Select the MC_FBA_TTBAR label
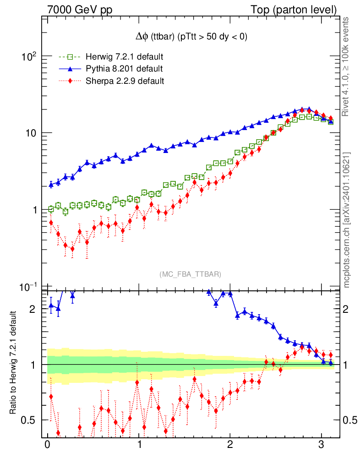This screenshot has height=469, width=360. coord(191,274)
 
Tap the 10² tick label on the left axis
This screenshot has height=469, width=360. coord(28,56)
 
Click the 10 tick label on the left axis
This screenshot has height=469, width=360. coord(30,133)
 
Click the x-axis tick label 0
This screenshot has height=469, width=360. coord(47,446)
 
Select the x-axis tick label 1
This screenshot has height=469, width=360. coord(139,446)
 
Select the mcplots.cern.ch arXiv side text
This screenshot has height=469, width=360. coord(347,220)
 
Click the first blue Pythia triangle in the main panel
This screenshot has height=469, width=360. coord(51,185)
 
